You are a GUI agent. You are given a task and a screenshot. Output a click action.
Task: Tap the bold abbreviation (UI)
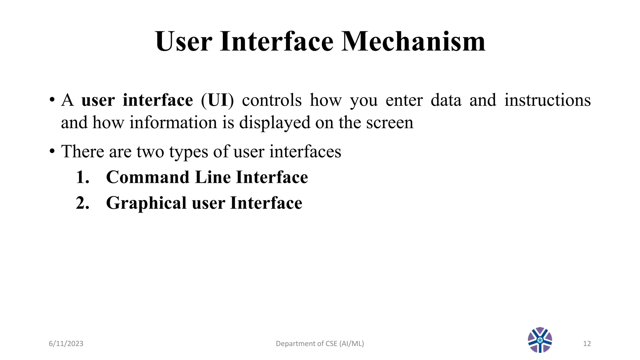click(217, 100)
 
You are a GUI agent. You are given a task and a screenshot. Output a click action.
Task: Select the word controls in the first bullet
click(272, 100)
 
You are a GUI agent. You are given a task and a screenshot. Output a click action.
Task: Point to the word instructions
click(547, 100)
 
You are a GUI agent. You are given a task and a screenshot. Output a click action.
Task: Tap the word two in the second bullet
click(150, 152)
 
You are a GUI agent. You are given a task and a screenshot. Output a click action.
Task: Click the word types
click(188, 152)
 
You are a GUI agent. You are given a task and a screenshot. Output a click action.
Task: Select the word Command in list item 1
click(147, 177)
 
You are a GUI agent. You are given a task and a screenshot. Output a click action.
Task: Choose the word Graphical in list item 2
click(146, 203)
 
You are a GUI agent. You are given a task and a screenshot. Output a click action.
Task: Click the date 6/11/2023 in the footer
click(66, 344)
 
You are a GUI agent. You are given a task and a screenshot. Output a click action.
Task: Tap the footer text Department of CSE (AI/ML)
click(320, 344)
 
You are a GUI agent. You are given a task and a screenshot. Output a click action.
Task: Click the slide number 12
click(587, 344)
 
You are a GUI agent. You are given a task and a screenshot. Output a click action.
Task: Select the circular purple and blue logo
click(540, 340)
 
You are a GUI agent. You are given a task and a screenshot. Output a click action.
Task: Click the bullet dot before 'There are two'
click(52, 152)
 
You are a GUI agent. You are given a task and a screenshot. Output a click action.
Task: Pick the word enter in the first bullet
click(404, 100)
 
